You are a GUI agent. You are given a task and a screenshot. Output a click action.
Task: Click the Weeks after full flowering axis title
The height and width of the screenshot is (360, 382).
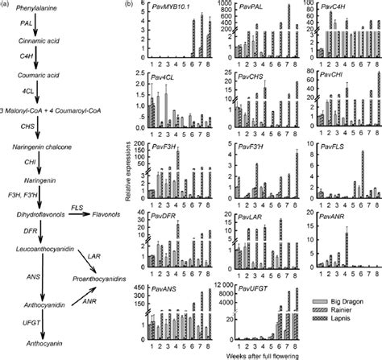[251, 354]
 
